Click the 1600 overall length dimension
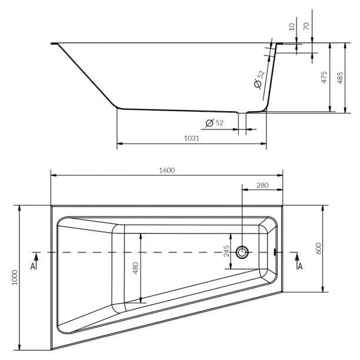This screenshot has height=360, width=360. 167,170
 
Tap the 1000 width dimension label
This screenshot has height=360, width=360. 15,278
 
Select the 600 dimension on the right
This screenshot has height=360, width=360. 318,248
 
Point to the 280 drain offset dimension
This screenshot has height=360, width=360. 262,185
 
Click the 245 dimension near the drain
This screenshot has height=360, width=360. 226,251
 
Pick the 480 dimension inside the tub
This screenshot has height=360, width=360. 135,268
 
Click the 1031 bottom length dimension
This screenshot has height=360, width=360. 192,138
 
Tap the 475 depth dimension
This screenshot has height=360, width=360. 324,77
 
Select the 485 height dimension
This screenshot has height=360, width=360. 340,78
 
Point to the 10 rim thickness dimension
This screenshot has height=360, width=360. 292,27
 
